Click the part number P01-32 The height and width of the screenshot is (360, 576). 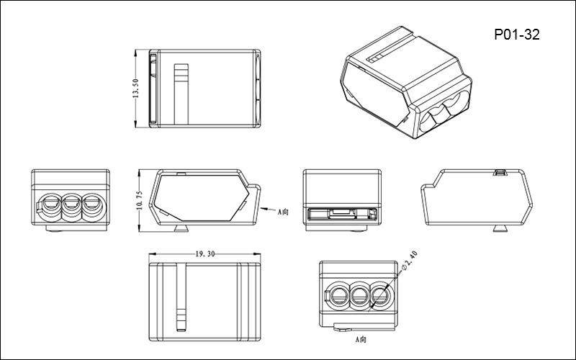click(x=517, y=34)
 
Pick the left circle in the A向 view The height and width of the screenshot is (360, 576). click(x=339, y=294)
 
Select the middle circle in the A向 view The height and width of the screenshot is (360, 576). click(x=359, y=294)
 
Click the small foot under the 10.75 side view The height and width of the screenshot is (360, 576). click(x=181, y=229)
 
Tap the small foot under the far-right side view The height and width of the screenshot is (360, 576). click(x=498, y=229)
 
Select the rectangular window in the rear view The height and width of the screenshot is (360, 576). click(x=341, y=213)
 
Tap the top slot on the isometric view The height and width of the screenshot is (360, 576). click(x=377, y=55)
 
